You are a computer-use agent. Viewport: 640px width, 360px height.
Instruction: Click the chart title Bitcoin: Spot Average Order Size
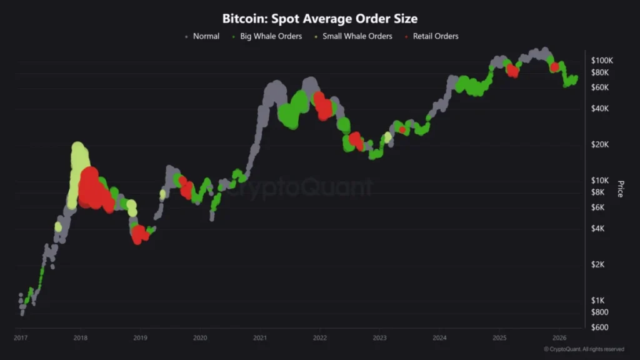pyautogui.click(x=320, y=19)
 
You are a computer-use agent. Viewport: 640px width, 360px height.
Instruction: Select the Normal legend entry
pyautogui.click(x=206, y=36)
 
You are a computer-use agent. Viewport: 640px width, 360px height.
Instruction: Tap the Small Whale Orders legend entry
pyautogui.click(x=357, y=36)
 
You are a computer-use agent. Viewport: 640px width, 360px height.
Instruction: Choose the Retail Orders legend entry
pyautogui.click(x=435, y=36)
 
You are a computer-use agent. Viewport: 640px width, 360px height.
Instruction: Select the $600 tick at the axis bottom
pyautogui.click(x=600, y=327)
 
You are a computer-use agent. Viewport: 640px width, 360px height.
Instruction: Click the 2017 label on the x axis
pyautogui.click(x=21, y=338)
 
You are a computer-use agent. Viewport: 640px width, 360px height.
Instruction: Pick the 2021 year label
pyautogui.click(x=260, y=338)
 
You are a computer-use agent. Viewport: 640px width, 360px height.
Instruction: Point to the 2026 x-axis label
pyautogui.click(x=559, y=338)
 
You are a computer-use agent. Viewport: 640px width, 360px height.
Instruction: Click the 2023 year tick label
pyautogui.click(x=379, y=338)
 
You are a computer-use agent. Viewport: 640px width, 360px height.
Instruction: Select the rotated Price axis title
pyautogui.click(x=620, y=189)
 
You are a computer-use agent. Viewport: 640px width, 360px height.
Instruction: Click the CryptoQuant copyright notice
pyautogui.click(x=584, y=349)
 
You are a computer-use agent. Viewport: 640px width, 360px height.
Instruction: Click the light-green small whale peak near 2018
pyautogui.click(x=79, y=156)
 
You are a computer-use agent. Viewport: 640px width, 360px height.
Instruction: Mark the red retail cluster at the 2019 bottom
pyautogui.click(x=141, y=234)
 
